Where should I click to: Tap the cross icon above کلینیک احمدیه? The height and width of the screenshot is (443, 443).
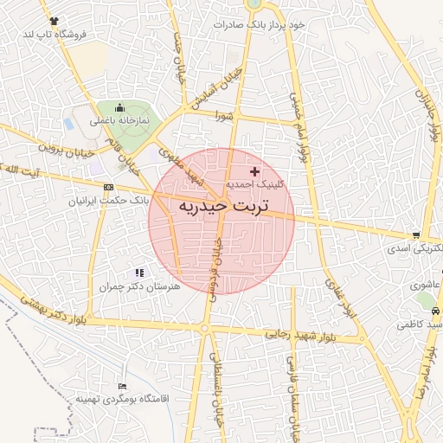click(254, 171)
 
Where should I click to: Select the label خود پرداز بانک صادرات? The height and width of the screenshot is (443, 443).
click(261, 24)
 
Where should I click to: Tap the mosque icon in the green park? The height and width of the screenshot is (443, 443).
click(117, 106)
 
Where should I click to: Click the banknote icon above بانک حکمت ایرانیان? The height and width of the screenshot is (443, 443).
click(108, 187)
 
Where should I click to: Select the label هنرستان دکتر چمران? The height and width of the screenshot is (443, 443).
click(138, 286)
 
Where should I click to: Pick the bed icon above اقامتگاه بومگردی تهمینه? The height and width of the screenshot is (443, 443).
click(122, 386)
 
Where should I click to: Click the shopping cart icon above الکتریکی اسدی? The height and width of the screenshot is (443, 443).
click(417, 234)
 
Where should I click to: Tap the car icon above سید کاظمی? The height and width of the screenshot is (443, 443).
click(434, 311)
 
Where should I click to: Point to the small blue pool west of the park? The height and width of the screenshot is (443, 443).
click(68, 124)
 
